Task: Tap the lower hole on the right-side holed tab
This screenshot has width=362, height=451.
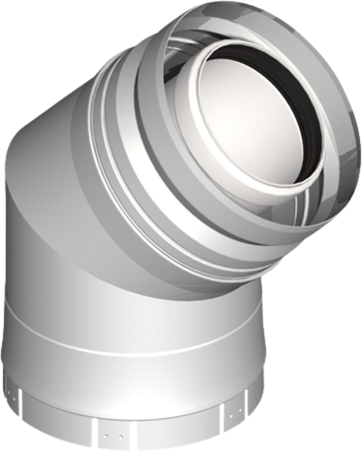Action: [x=231, y=416]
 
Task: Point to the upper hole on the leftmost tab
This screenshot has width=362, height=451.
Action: [x=8, y=392]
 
